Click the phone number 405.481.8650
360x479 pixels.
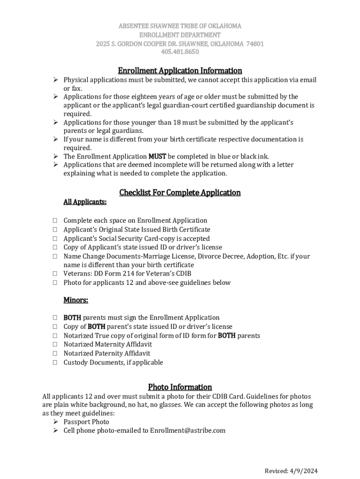(x=180, y=52)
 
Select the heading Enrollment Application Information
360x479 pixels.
(x=180, y=71)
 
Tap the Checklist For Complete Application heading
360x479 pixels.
(x=180, y=193)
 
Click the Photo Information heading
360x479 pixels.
(x=180, y=387)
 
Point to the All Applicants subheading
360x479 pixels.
(x=85, y=202)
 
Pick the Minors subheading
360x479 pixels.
(x=76, y=300)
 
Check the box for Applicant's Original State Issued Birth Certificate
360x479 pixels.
(x=55, y=230)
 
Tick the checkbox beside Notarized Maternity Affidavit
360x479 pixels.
(x=55, y=345)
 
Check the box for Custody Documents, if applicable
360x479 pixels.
(x=55, y=363)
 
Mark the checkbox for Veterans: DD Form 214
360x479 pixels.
(x=55, y=274)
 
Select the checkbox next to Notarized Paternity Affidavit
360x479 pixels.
(x=55, y=354)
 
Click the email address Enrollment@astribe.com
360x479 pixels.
(x=187, y=430)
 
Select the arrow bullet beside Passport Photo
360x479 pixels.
(x=55, y=422)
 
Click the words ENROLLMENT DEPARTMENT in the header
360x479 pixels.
(x=180, y=35)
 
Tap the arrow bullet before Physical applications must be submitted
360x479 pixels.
(x=55, y=80)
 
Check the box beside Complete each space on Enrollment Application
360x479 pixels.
(x=55, y=221)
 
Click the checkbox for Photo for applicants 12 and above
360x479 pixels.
(x=55, y=283)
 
